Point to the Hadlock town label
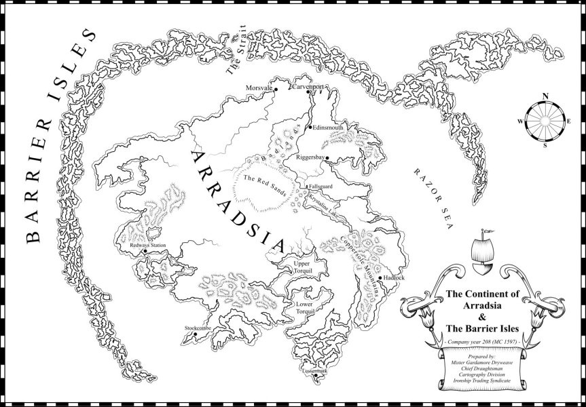(x=394, y=278)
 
